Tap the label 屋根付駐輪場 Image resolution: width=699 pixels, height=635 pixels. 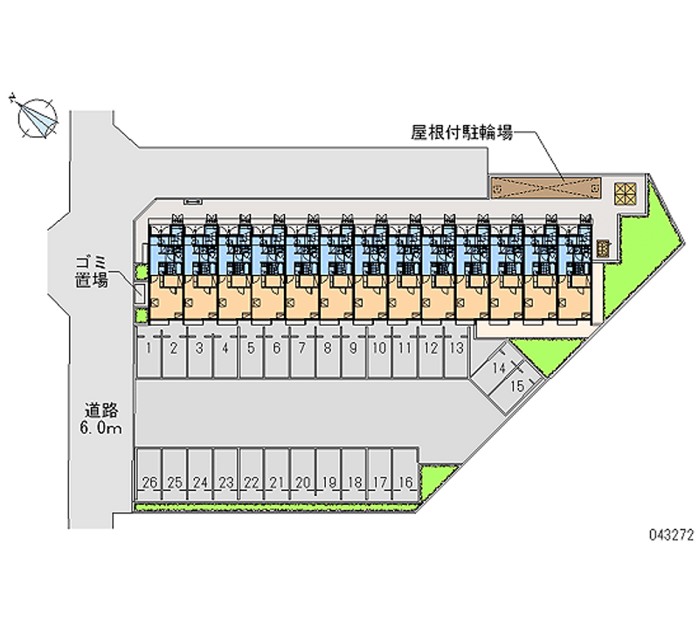[462, 134]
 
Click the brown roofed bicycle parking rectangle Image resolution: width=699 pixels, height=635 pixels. [544, 187]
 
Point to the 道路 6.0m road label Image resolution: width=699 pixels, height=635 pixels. [102, 418]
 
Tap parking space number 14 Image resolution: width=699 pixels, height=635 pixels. [497, 368]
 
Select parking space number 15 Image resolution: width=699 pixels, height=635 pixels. [516, 385]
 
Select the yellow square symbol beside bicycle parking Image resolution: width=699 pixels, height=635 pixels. [626, 193]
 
